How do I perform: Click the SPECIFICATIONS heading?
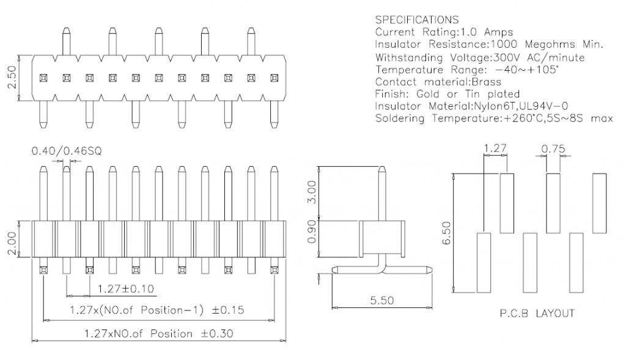[x=416, y=20]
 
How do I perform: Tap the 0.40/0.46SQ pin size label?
[x=61, y=150]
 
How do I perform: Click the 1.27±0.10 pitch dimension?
[x=121, y=288]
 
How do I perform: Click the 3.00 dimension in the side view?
[x=311, y=193]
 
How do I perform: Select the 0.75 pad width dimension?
[x=553, y=148]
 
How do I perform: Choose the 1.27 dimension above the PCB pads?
[x=495, y=148]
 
